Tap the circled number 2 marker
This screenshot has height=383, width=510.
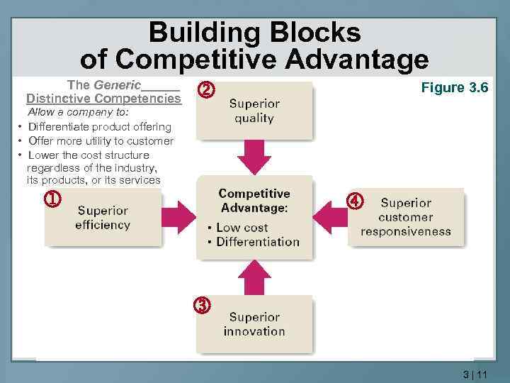205,90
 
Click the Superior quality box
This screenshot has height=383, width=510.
254,111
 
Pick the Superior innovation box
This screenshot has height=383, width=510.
254,324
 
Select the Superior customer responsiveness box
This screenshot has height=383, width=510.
406,217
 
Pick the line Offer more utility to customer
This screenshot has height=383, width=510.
101,140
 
